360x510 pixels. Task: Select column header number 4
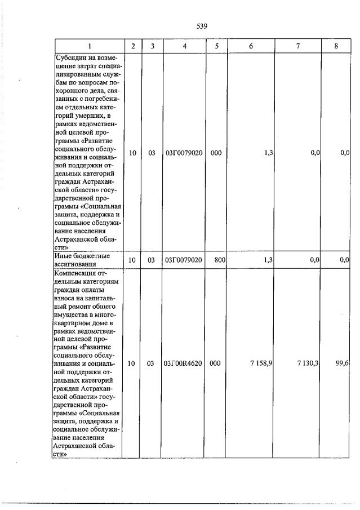pyautogui.click(x=185, y=46)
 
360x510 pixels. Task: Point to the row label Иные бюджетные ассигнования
pyautogui.click(x=75, y=260)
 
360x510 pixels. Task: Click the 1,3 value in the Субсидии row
pyautogui.click(x=268, y=152)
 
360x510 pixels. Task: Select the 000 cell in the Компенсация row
pyautogui.click(x=215, y=363)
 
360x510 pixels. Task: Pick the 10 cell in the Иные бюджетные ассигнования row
pyautogui.click(x=131, y=260)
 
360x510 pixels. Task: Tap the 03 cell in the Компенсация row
pyautogui.click(x=151, y=363)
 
